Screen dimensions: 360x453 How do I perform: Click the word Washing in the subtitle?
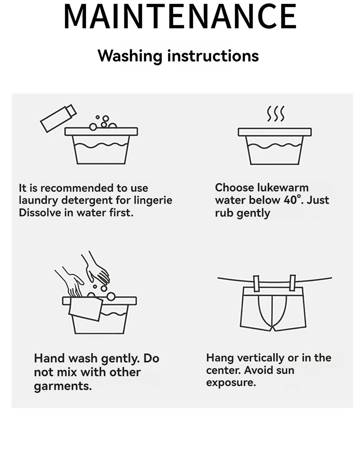tap(130, 56)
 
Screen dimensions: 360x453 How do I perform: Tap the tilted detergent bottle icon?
tap(58, 118)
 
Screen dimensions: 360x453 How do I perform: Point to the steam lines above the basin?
tap(275, 114)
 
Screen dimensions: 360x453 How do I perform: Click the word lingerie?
tap(153, 201)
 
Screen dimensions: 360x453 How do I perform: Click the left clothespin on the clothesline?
tap(256, 283)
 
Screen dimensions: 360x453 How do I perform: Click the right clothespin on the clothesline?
tap(292, 283)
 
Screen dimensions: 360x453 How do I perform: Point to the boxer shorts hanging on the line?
tap(273, 309)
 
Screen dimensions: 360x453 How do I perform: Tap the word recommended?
tap(77, 188)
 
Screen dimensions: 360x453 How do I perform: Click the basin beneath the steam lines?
tap(275, 146)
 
